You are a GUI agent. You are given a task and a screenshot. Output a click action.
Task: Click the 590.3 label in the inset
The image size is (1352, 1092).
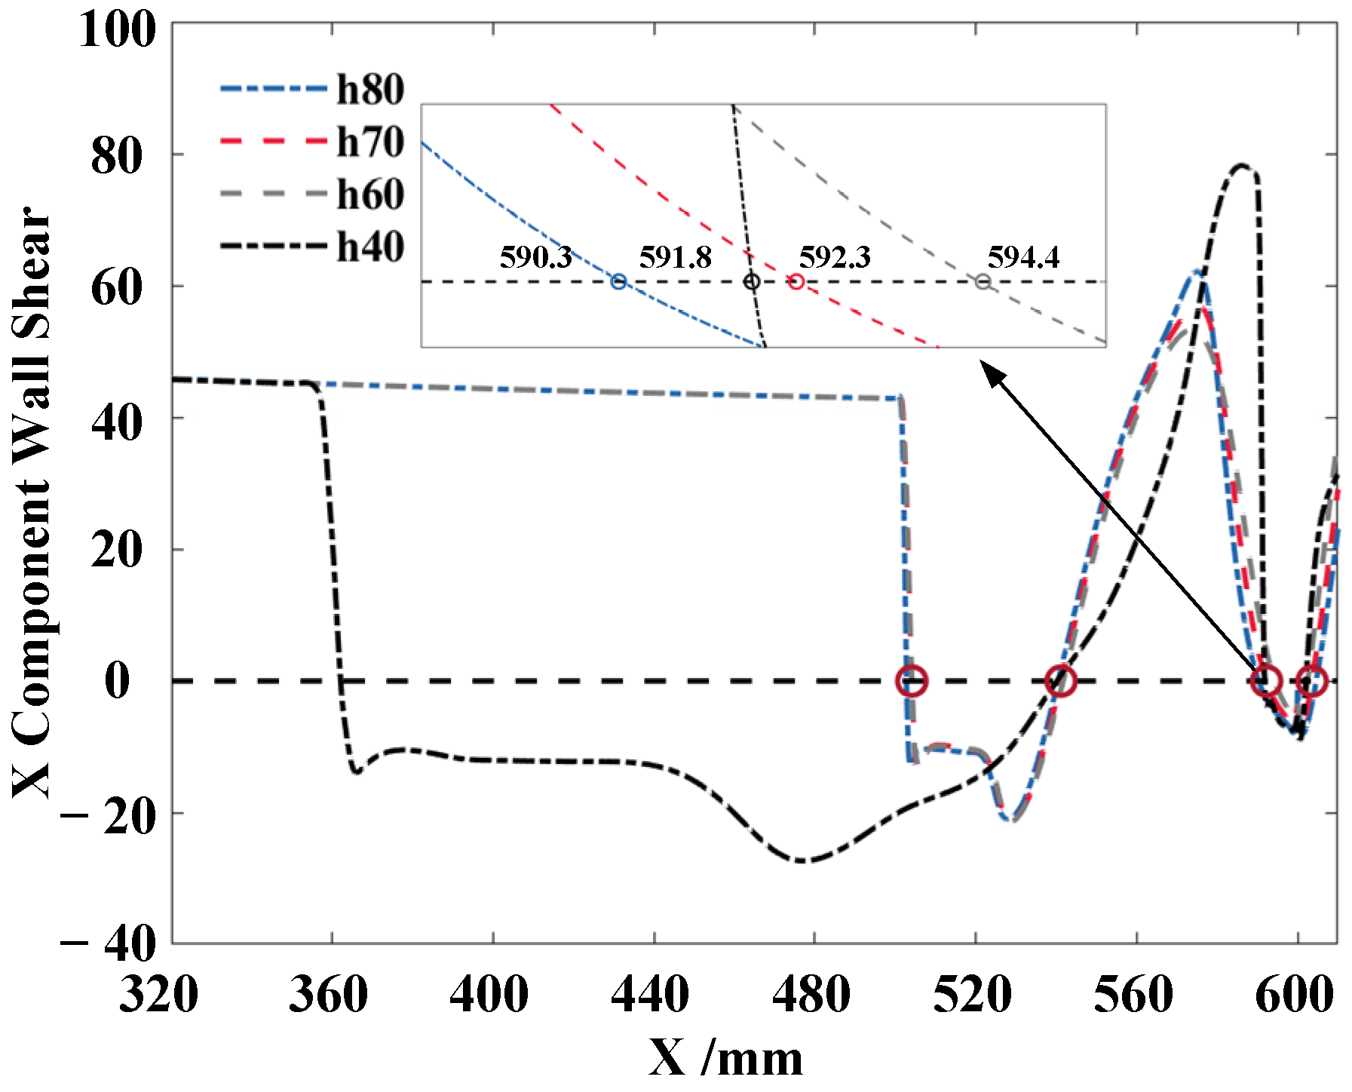tap(536, 258)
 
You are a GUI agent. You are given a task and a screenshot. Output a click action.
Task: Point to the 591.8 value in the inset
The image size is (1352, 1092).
tap(675, 258)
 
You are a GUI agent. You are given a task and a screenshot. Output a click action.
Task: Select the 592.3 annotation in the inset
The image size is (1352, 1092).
tap(835, 258)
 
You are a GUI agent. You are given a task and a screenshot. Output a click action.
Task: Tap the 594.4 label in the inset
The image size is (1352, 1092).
tap(1023, 258)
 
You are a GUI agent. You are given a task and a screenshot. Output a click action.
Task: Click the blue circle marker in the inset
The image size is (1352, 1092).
tap(618, 282)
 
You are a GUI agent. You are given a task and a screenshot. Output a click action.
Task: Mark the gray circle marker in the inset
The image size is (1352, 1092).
tap(983, 282)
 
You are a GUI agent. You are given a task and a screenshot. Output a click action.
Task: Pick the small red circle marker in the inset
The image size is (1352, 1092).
tap(796, 282)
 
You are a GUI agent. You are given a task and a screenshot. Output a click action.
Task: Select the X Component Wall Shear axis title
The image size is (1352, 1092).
tap(32, 502)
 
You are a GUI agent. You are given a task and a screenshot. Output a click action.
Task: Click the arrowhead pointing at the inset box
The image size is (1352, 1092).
tap(990, 370)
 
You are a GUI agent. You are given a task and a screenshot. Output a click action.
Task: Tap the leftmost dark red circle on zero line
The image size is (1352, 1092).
tap(912, 681)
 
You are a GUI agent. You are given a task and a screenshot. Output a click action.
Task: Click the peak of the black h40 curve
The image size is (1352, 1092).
tap(1242, 165)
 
